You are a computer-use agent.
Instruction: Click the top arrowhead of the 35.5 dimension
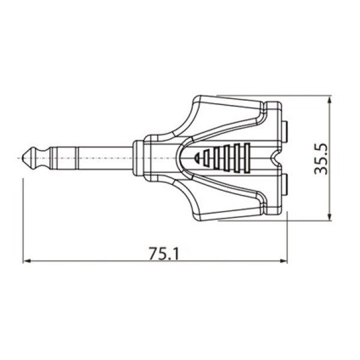(329, 100)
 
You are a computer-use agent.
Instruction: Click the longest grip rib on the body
(245, 158)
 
